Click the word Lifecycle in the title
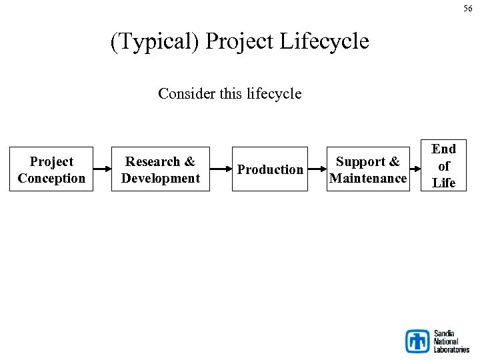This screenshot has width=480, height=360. pyautogui.click(x=324, y=41)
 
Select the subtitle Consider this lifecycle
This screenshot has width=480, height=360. pyautogui.click(x=229, y=94)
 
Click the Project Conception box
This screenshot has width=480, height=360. pyautogui.click(x=51, y=169)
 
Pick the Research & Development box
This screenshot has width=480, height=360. pyautogui.click(x=160, y=169)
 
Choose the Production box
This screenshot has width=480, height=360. pyautogui.click(x=270, y=169)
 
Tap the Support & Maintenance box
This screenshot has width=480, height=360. pyautogui.click(x=368, y=169)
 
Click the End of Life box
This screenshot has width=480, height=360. pyautogui.click(x=443, y=165)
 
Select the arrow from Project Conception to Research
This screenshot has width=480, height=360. pyautogui.click(x=102, y=169)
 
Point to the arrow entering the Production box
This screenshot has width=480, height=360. pyautogui.click(x=221, y=169)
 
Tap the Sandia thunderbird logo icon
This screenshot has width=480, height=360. pyautogui.click(x=418, y=341)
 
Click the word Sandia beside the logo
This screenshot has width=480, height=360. pyautogui.click(x=445, y=333)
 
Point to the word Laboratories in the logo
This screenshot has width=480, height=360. pyautogui.click(x=452, y=349)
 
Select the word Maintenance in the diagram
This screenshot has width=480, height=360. pyautogui.click(x=368, y=178)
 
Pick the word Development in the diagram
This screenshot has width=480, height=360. pyautogui.click(x=161, y=178)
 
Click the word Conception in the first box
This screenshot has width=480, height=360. pyautogui.click(x=51, y=178)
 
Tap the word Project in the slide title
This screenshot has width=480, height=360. pyautogui.click(x=239, y=41)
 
